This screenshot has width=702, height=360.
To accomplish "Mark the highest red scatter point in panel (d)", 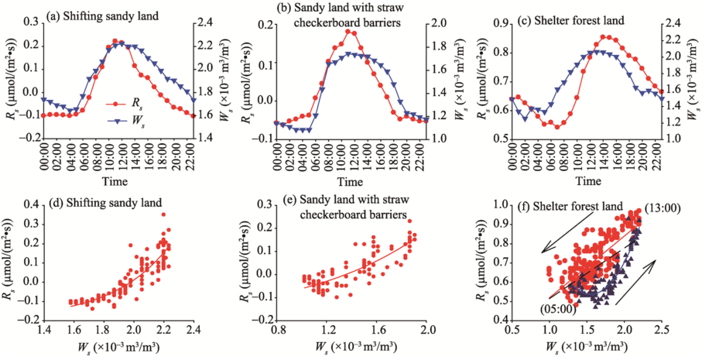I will (163, 214).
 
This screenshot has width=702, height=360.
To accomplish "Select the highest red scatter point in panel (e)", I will (409, 221).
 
